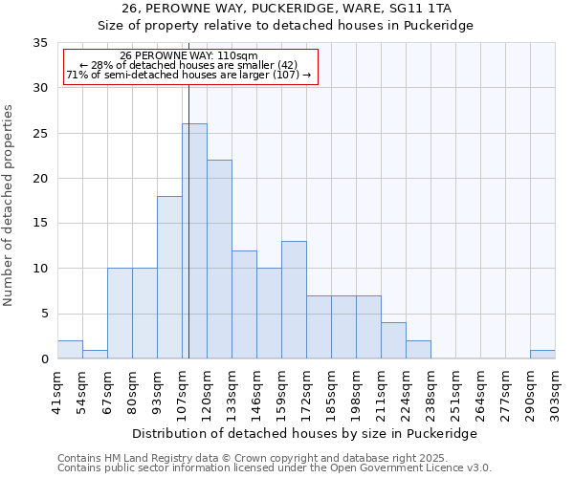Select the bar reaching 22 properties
(x=219, y=259)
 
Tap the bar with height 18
(x=169, y=277)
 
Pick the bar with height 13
(x=294, y=300)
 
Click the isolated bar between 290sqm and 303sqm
(x=542, y=355)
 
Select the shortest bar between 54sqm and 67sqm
(x=95, y=355)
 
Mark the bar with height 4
(x=393, y=340)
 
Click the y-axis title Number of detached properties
(x=9, y=206)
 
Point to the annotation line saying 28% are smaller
(x=188, y=65)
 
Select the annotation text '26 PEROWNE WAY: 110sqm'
(x=188, y=55)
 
